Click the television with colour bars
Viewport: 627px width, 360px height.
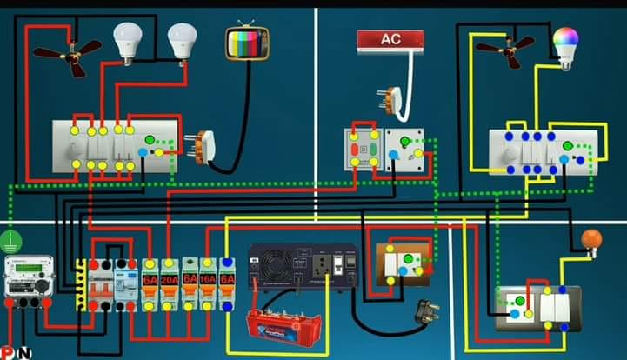click(x=247, y=42)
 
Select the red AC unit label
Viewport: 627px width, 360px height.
click(x=390, y=39)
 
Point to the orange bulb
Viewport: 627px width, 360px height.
click(x=591, y=239)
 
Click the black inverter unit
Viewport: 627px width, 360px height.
click(x=302, y=265)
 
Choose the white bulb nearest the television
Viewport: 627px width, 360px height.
click(x=182, y=42)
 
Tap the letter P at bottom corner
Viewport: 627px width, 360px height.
click(x=7, y=352)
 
